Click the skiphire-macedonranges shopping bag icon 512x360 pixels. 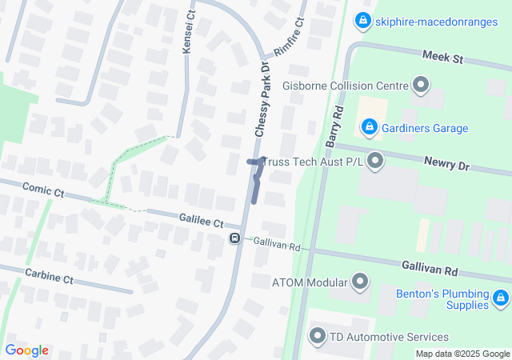363,19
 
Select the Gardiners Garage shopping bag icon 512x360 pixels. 369,126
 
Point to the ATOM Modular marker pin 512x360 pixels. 360,282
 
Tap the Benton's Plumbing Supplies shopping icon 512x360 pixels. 501,298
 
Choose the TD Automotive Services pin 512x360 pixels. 318,337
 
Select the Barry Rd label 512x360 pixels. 334,126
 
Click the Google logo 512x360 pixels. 26,350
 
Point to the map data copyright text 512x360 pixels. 462,354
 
